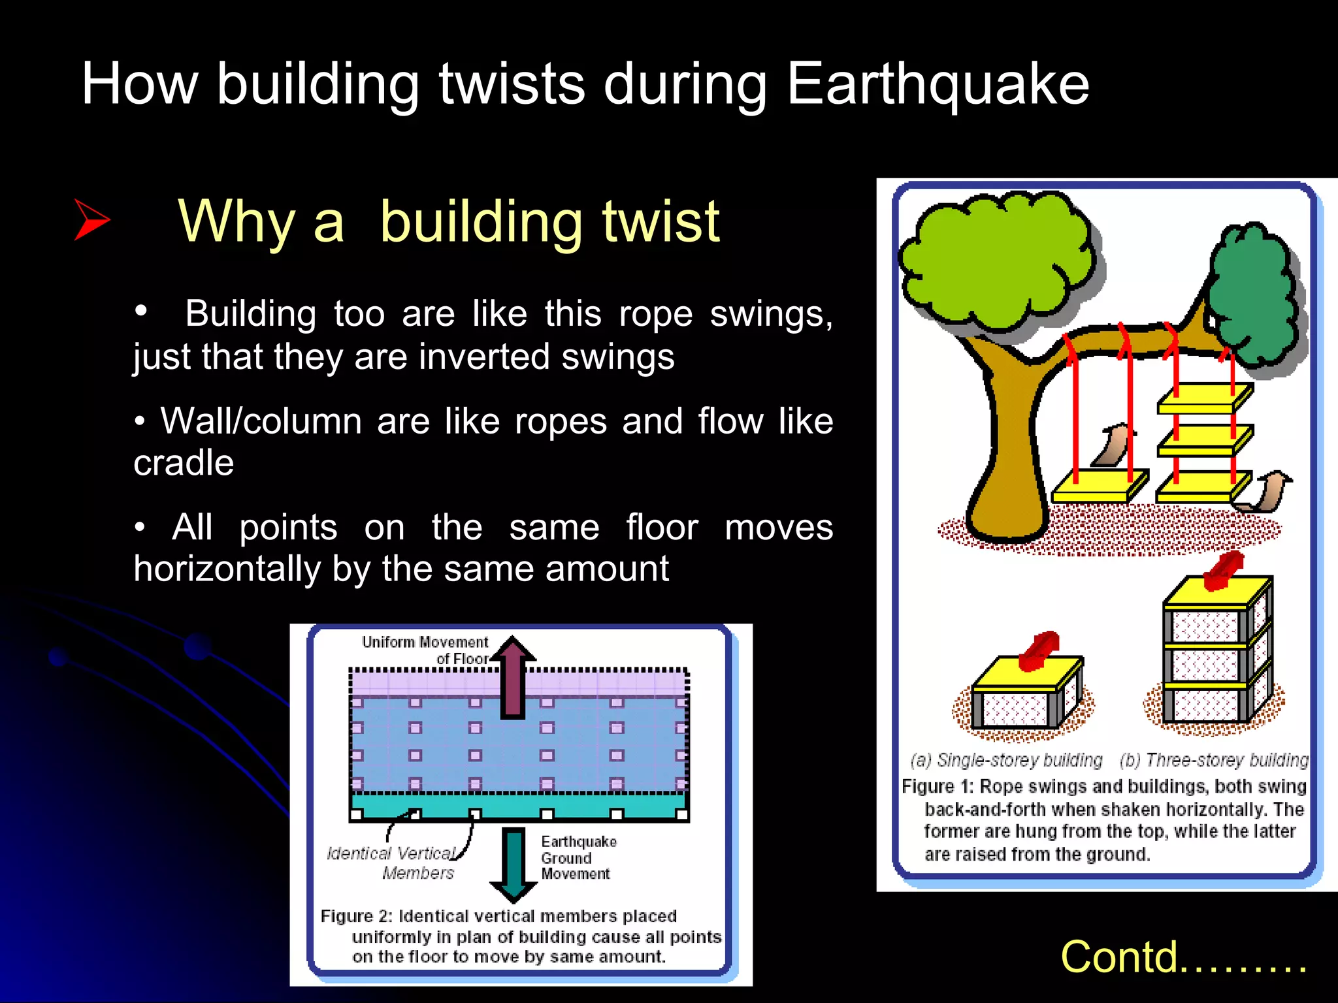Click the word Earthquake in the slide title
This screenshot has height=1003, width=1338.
point(938,85)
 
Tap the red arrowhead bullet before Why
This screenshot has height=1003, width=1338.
point(91,220)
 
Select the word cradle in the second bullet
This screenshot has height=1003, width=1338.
point(184,464)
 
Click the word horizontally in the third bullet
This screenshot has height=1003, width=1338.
point(227,569)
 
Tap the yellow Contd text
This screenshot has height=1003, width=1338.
point(1183,957)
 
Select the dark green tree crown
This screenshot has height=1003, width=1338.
point(1251,294)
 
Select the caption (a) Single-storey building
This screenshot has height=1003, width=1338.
point(1006,760)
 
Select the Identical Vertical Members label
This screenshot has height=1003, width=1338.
point(399,863)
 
